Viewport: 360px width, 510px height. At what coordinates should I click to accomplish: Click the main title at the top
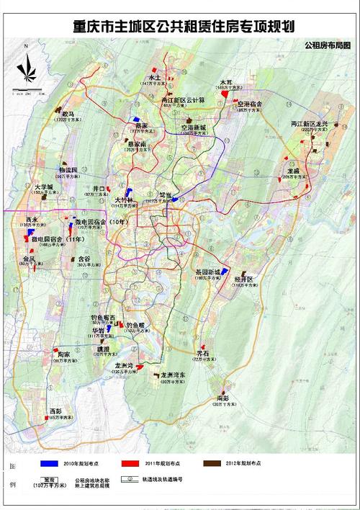(184, 27)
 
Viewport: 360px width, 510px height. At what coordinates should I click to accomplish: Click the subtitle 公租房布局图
(328, 45)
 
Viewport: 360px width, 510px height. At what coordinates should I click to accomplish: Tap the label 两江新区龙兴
(309, 124)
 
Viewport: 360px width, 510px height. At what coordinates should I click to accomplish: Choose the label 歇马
(68, 113)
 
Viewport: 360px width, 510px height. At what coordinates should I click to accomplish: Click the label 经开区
(245, 279)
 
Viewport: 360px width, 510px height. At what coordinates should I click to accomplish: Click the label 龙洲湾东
(173, 375)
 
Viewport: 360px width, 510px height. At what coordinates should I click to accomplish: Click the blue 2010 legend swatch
(50, 462)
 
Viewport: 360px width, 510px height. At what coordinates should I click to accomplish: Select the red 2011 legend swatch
(131, 462)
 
